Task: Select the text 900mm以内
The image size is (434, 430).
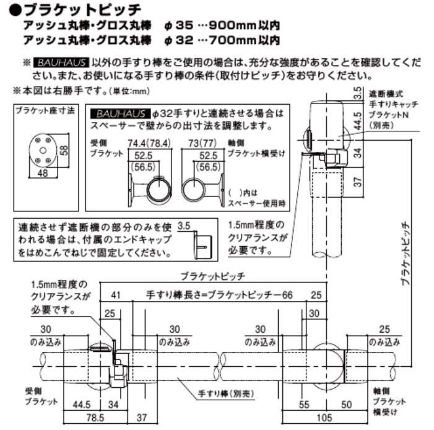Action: [x=244, y=25]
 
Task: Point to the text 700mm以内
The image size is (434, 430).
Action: [x=244, y=40]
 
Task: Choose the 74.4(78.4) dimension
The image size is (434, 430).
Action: [x=149, y=143]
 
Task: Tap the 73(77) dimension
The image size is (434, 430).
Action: [x=203, y=143]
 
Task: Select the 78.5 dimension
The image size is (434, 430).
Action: [x=95, y=418]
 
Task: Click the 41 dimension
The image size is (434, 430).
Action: [x=116, y=295]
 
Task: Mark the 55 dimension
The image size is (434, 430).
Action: [x=304, y=404]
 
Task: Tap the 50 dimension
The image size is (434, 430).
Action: [x=346, y=404]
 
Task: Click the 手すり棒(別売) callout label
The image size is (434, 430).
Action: [x=226, y=394]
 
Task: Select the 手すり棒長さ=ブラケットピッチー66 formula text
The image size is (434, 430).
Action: [x=219, y=295]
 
